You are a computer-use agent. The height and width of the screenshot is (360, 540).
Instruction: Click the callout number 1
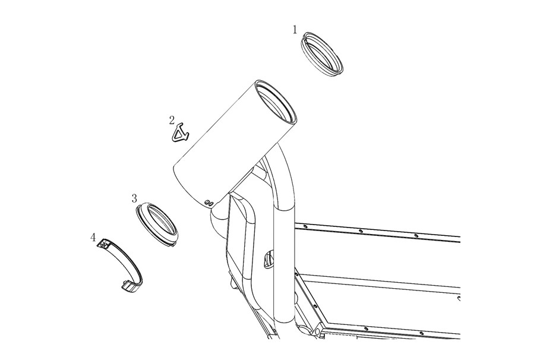pyautogui.click(x=295, y=30)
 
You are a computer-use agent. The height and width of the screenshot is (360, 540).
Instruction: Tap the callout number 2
pyautogui.click(x=172, y=120)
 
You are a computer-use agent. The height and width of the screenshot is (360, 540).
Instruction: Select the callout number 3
pyautogui.click(x=134, y=198)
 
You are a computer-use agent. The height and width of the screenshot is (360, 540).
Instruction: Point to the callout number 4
pyautogui.click(x=93, y=238)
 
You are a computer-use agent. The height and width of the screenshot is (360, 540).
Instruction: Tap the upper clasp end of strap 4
pyautogui.click(x=104, y=244)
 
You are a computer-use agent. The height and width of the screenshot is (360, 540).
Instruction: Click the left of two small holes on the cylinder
pyautogui.click(x=207, y=202)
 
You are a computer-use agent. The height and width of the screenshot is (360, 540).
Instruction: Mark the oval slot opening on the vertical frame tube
pyautogui.click(x=269, y=260)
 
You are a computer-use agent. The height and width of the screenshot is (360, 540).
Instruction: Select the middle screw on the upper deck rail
pyautogui.click(x=360, y=231)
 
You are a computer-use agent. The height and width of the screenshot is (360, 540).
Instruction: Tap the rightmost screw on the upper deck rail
pyautogui.click(x=416, y=236)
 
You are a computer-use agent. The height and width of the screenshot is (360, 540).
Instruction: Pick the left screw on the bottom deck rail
pyautogui.click(x=366, y=329)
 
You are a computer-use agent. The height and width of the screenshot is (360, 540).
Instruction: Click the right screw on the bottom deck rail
pyautogui.click(x=421, y=333)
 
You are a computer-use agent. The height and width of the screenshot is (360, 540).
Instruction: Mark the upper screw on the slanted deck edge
pyautogui.click(x=296, y=274)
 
